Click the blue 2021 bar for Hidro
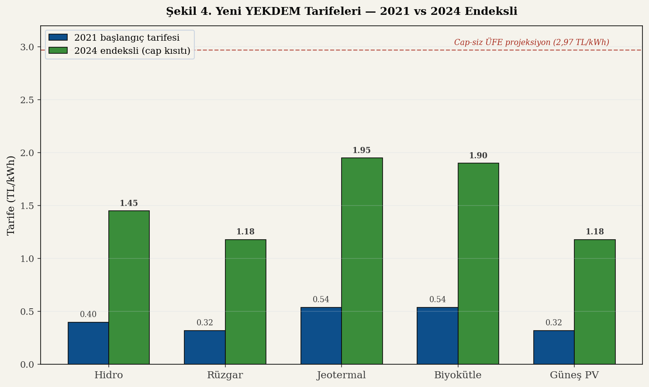click(88, 343)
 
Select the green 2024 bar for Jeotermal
click(362, 261)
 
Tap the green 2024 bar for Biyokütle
click(478, 263)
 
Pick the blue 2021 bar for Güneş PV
click(554, 347)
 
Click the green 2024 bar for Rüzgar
click(245, 302)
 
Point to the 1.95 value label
click(362, 150)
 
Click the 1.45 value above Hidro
click(129, 203)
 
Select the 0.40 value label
click(88, 314)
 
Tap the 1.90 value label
click(478, 156)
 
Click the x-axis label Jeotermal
click(342, 375)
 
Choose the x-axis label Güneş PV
click(574, 375)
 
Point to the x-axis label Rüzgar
click(225, 375)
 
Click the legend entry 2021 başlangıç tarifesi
click(127, 38)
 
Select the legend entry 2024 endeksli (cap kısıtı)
click(132, 51)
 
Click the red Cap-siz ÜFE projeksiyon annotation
click(532, 42)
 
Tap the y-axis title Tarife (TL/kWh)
click(11, 195)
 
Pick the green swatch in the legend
click(58, 51)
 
